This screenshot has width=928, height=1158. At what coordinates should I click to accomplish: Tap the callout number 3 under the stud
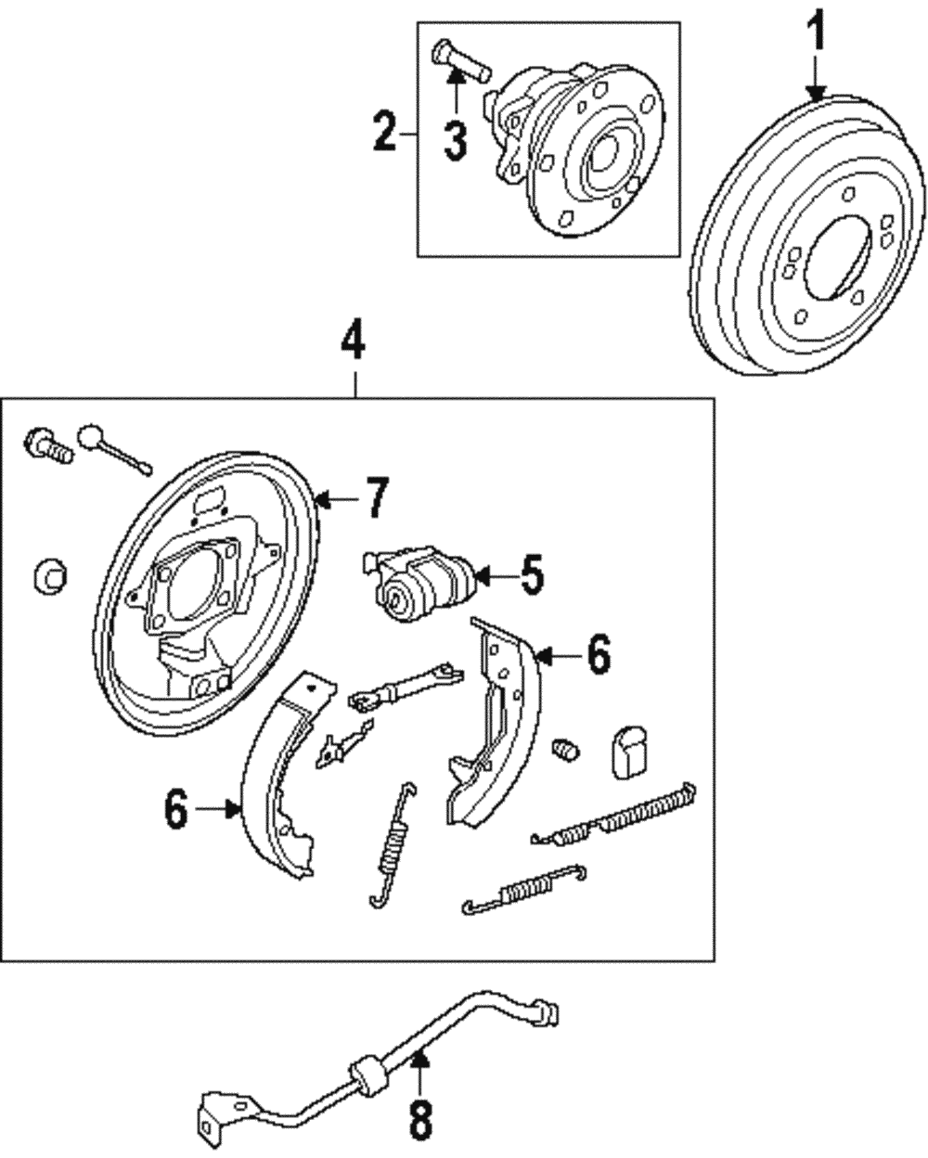coord(456,139)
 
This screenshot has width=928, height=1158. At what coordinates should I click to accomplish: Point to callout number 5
coord(531,576)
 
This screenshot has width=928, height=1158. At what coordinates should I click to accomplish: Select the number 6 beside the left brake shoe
coord(177,810)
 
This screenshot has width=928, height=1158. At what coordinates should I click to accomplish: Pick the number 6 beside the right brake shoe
coord(599,656)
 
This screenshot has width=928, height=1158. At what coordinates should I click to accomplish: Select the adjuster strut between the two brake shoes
coord(405,687)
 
